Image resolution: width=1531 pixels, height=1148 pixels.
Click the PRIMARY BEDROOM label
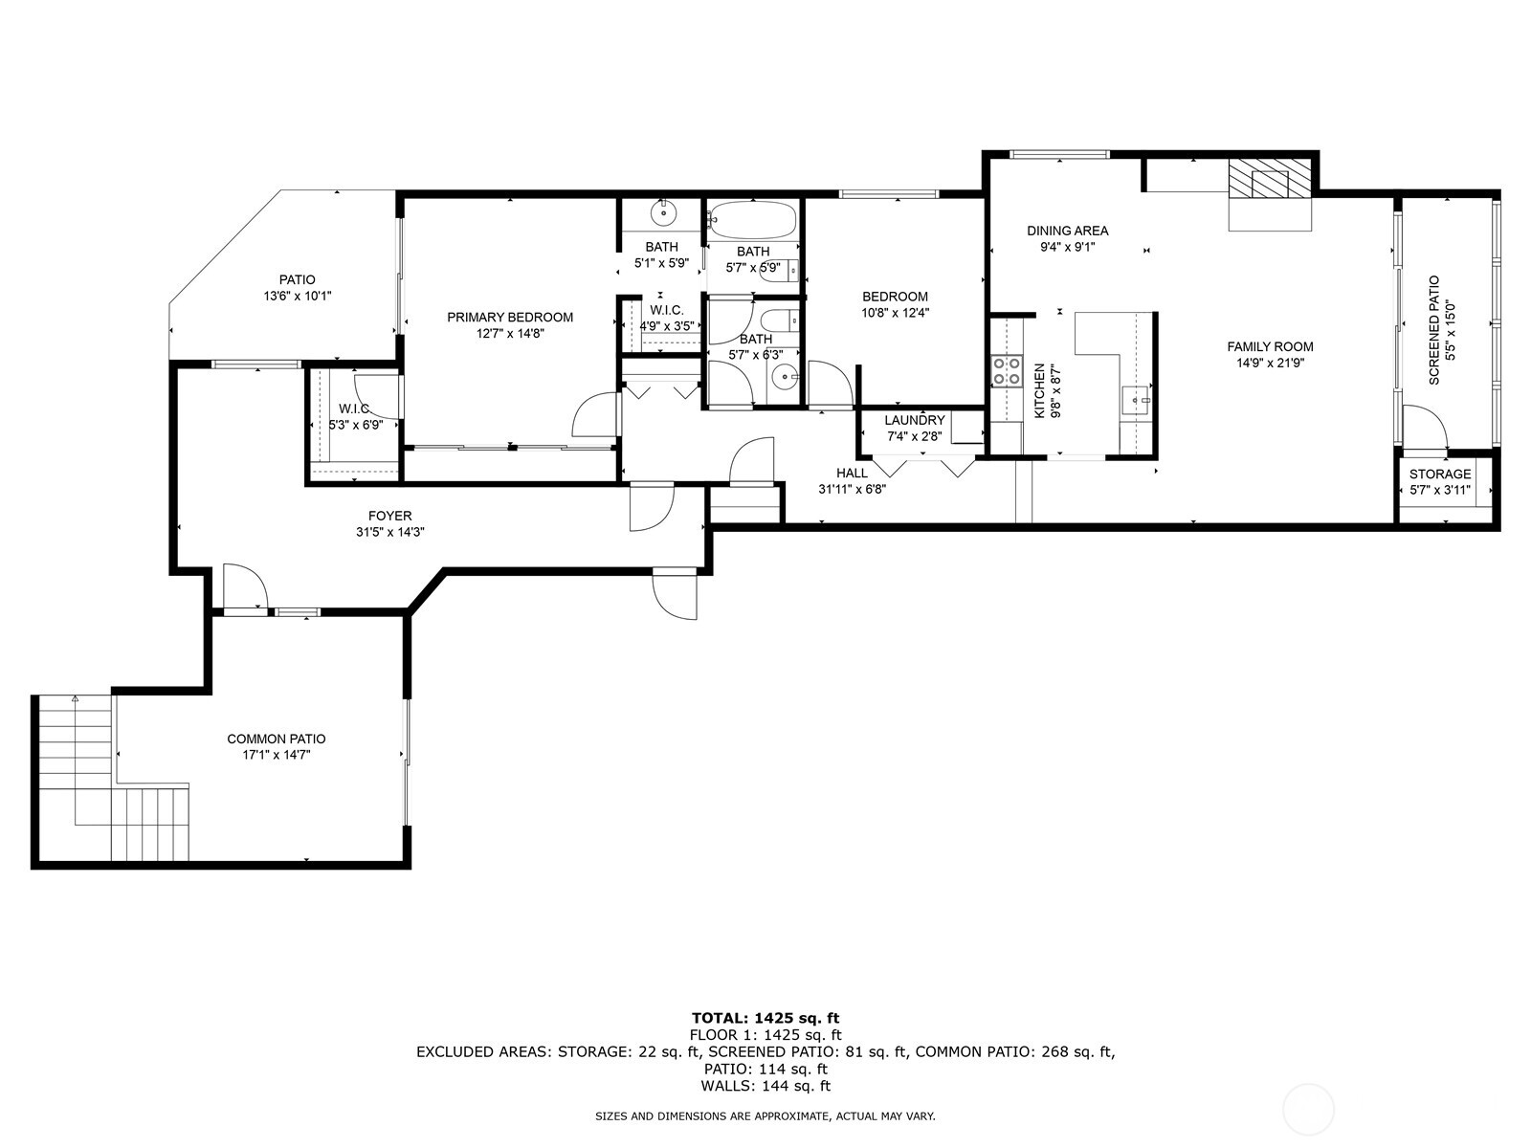pos(510,318)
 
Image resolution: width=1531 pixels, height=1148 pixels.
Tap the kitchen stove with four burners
pos(1006,370)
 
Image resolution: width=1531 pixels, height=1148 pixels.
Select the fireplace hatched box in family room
pos(1270,179)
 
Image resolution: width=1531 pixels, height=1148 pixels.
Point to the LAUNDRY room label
pos(914,421)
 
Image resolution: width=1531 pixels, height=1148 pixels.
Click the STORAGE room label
pos(1439,475)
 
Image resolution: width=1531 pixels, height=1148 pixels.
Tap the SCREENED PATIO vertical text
pos(1434,331)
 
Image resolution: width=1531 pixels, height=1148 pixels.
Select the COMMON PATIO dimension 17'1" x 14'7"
pos(276,755)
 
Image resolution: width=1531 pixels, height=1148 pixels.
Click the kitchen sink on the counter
pos(1137,397)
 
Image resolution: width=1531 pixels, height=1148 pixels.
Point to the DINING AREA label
pos(1067,231)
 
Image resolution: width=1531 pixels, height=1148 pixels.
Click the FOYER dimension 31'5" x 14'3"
pos(389,532)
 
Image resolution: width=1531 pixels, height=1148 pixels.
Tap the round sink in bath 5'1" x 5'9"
pos(662,211)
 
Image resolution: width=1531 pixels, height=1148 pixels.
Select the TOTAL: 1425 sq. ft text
pos(765,1018)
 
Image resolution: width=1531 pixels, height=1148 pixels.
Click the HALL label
pos(852,474)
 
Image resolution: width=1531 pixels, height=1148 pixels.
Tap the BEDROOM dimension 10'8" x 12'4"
pos(894,312)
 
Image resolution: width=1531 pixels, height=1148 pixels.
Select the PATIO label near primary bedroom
pos(297,280)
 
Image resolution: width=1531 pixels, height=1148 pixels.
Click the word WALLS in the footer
pos(724,1086)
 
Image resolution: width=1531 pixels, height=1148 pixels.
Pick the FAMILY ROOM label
pos(1270,347)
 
